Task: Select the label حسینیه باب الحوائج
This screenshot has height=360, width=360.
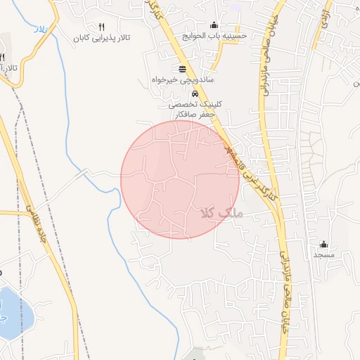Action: tap(214, 34)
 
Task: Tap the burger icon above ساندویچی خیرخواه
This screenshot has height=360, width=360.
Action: tap(183, 69)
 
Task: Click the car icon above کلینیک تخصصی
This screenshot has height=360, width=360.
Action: tap(195, 94)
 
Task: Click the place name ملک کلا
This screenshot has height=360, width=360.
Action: tap(221, 211)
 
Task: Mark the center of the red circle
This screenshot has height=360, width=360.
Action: tap(180, 179)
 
